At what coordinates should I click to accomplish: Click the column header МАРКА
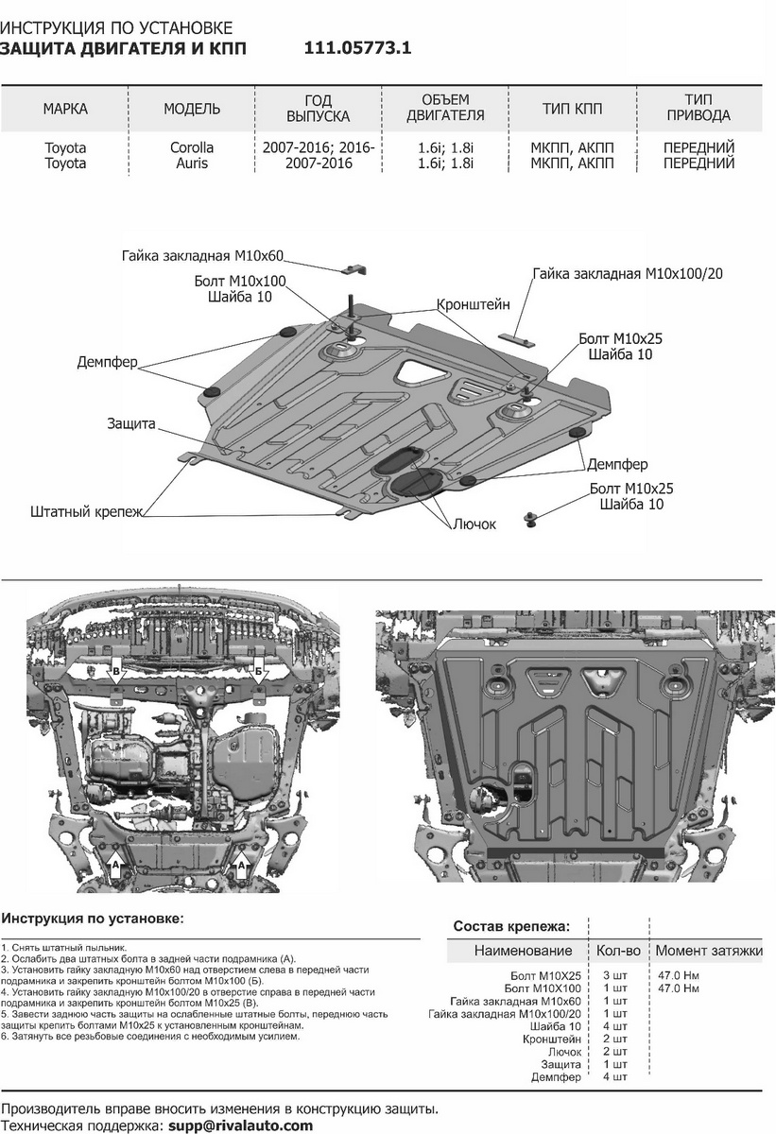click(x=65, y=109)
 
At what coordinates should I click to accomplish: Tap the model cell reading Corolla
click(x=192, y=147)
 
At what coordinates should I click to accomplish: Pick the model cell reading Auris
click(x=192, y=163)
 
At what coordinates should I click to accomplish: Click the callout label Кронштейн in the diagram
click(x=473, y=305)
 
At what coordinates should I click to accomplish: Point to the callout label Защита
click(x=130, y=425)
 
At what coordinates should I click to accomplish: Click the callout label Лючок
click(x=474, y=524)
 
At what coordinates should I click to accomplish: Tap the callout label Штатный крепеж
click(x=85, y=511)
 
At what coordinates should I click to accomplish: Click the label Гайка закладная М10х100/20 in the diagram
click(x=627, y=273)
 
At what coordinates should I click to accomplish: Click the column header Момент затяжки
click(x=708, y=951)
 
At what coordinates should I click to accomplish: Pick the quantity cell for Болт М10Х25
click(x=613, y=974)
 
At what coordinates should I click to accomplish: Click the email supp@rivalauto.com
click(x=240, y=1125)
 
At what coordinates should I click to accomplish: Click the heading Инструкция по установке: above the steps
click(x=93, y=918)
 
